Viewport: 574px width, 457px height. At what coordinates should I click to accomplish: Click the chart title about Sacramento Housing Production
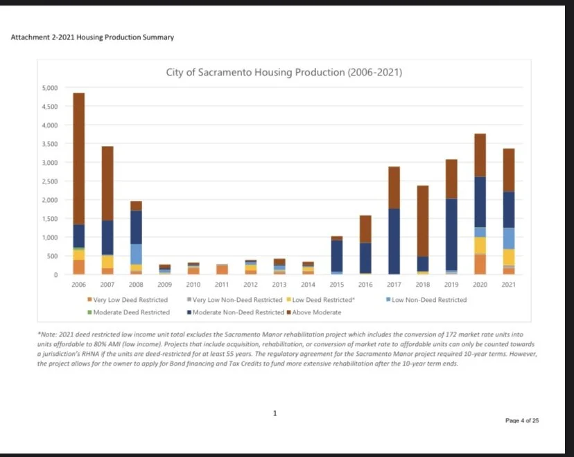(x=284, y=72)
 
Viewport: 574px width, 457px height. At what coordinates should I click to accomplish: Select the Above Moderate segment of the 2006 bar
(x=79, y=159)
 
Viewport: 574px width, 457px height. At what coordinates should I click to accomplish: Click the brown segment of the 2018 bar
(x=423, y=221)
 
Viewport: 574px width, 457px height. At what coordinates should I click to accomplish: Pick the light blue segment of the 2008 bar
(x=136, y=253)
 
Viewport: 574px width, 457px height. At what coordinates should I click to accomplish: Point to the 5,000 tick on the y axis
(x=51, y=88)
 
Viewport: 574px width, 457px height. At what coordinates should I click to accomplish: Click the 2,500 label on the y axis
(x=51, y=181)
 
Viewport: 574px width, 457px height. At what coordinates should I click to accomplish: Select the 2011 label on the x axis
(x=222, y=285)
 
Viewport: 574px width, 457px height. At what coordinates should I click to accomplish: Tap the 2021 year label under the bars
(x=508, y=285)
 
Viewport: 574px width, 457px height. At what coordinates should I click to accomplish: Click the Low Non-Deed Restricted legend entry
(x=428, y=300)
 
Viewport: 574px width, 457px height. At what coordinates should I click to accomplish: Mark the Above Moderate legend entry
(x=316, y=312)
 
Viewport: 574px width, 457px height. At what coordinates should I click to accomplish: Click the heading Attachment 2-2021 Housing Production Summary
(x=92, y=37)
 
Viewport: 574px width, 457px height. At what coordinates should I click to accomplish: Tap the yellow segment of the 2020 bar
(x=480, y=245)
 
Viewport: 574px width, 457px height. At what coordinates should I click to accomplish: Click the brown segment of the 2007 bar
(x=107, y=183)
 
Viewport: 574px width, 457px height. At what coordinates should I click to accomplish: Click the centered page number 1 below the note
(x=275, y=413)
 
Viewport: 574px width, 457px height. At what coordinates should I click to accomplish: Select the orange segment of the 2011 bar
(x=222, y=269)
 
